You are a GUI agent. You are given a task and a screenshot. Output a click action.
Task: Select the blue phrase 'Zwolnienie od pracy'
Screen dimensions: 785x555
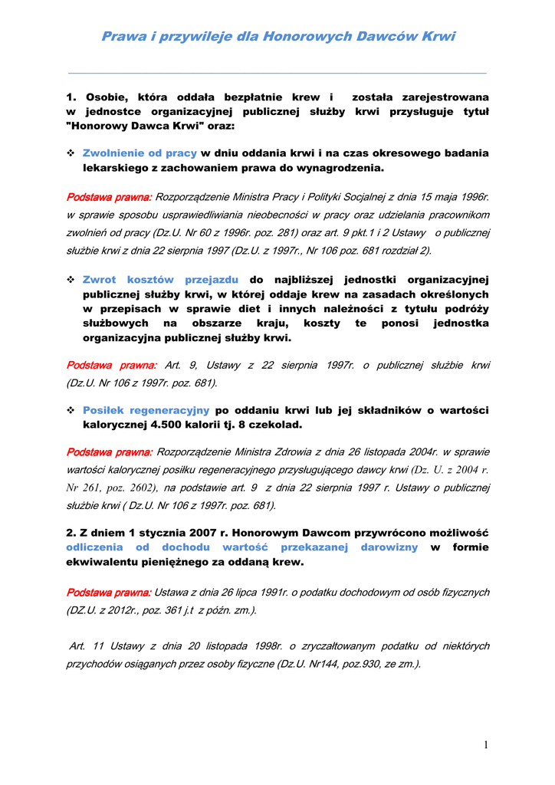coord(140,153)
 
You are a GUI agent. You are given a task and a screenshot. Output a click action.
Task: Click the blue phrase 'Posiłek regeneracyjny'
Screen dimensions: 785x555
coord(146,410)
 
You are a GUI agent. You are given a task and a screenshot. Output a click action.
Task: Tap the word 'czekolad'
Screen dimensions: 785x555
coord(277,424)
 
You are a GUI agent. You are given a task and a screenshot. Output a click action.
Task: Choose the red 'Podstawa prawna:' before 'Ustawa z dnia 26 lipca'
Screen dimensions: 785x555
coord(109,593)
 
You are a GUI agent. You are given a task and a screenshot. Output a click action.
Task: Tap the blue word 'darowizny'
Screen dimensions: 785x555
coord(390,547)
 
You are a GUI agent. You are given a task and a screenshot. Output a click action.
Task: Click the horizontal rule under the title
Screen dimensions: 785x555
coord(277,74)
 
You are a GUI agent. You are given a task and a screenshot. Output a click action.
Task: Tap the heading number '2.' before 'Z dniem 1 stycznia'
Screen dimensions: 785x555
coord(72,533)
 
